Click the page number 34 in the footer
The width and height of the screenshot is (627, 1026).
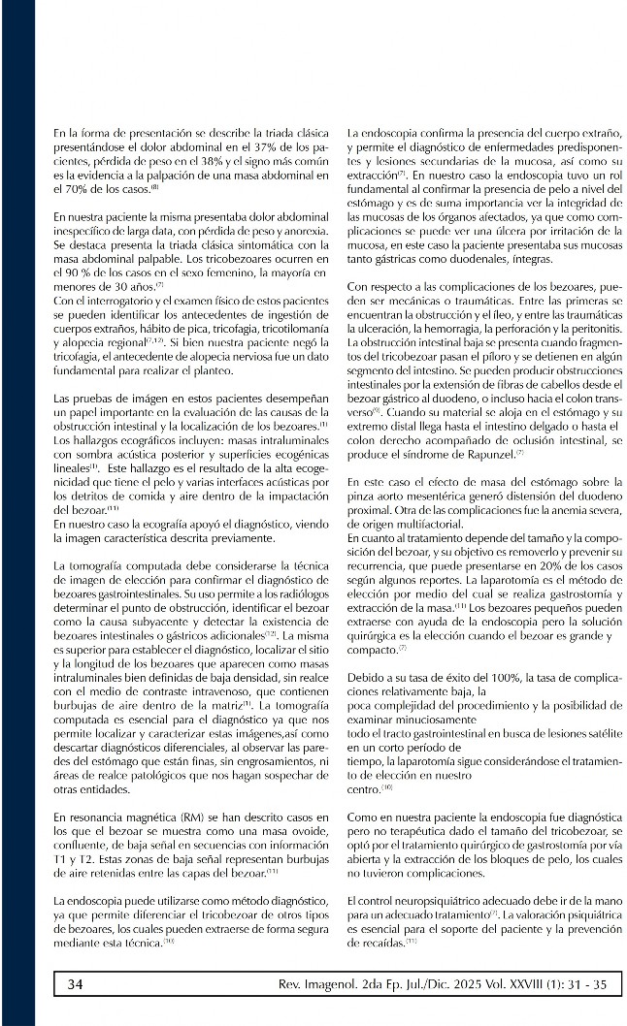coord(76,983)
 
